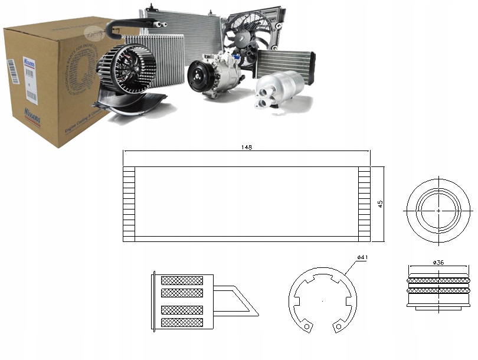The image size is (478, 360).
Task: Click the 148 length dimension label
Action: click(247, 148)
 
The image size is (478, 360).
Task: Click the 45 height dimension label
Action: click(381, 204)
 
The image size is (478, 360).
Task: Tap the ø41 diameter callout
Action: click(363, 258)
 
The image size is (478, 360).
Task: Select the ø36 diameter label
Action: click(438, 261)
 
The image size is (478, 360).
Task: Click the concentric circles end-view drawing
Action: click(438, 210)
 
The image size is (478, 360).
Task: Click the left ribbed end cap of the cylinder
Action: click(129, 204)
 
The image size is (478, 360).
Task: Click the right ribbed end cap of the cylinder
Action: click(364, 204)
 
